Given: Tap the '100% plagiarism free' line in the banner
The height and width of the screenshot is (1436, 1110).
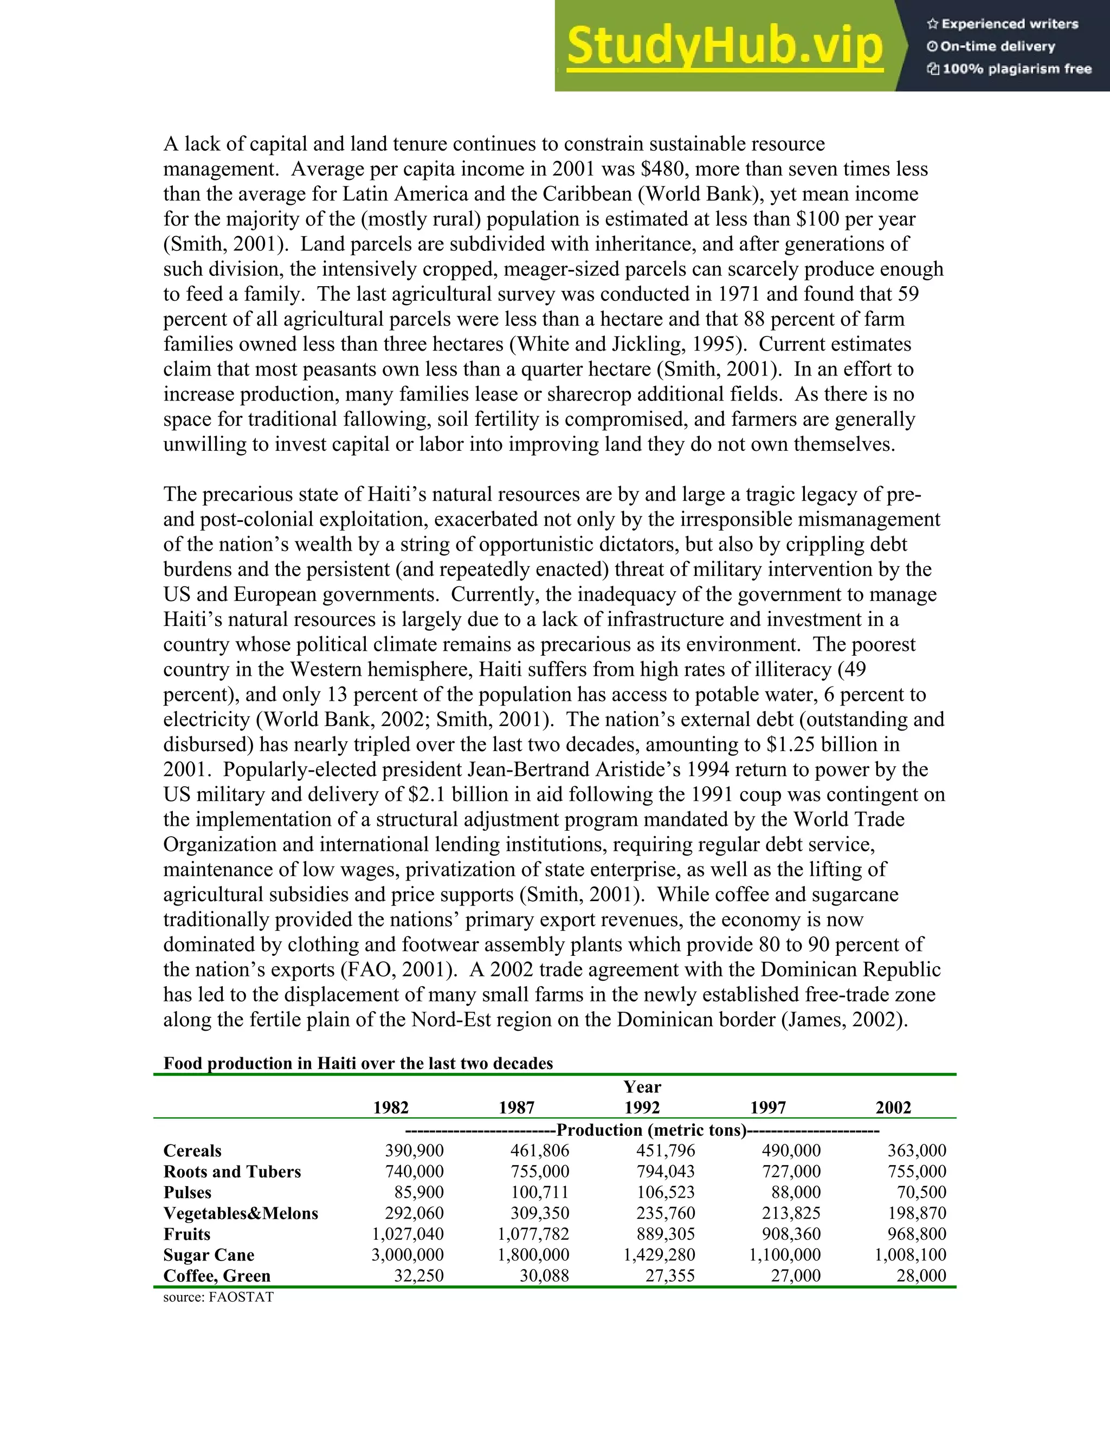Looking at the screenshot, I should coord(1009,69).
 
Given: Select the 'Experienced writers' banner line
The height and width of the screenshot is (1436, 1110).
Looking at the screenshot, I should coord(1002,24).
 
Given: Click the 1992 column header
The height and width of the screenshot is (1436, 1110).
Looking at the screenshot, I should coord(642,1108).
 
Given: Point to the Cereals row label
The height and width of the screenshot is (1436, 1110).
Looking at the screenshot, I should coord(192,1150).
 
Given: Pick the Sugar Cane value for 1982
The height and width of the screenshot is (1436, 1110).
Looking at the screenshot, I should coord(408,1254).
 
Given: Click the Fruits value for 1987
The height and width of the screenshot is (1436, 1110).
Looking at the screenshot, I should coord(533,1234).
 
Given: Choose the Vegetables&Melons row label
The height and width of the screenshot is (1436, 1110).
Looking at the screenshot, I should coord(241,1213).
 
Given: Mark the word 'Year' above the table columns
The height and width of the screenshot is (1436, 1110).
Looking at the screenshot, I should coord(642,1087).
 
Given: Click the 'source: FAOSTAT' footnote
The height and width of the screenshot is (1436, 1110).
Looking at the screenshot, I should coord(218,1297).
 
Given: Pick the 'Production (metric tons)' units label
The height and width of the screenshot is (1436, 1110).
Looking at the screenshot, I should coord(651,1130).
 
